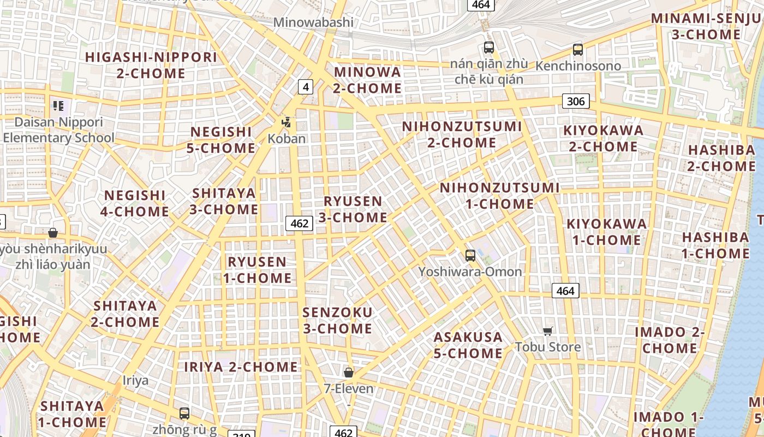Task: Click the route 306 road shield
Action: [576, 101]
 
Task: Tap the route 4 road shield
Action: [306, 86]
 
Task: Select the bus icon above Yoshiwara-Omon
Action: [470, 255]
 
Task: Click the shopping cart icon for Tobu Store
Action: [548, 330]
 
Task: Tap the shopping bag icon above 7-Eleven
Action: [349, 373]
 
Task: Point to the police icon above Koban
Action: [286, 122]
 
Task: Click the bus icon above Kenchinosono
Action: [577, 50]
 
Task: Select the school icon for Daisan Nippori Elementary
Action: [58, 106]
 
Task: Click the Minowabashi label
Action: [313, 22]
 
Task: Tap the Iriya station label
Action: [135, 380]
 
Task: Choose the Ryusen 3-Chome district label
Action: [353, 209]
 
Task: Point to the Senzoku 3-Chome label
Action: [338, 321]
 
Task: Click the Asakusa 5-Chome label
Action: [468, 345]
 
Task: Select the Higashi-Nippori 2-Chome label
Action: [151, 65]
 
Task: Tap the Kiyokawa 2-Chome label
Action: [604, 139]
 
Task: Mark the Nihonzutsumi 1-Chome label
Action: [500, 196]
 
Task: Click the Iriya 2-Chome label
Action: [241, 367]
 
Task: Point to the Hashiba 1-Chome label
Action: [715, 245]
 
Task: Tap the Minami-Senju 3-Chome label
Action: [706, 26]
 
